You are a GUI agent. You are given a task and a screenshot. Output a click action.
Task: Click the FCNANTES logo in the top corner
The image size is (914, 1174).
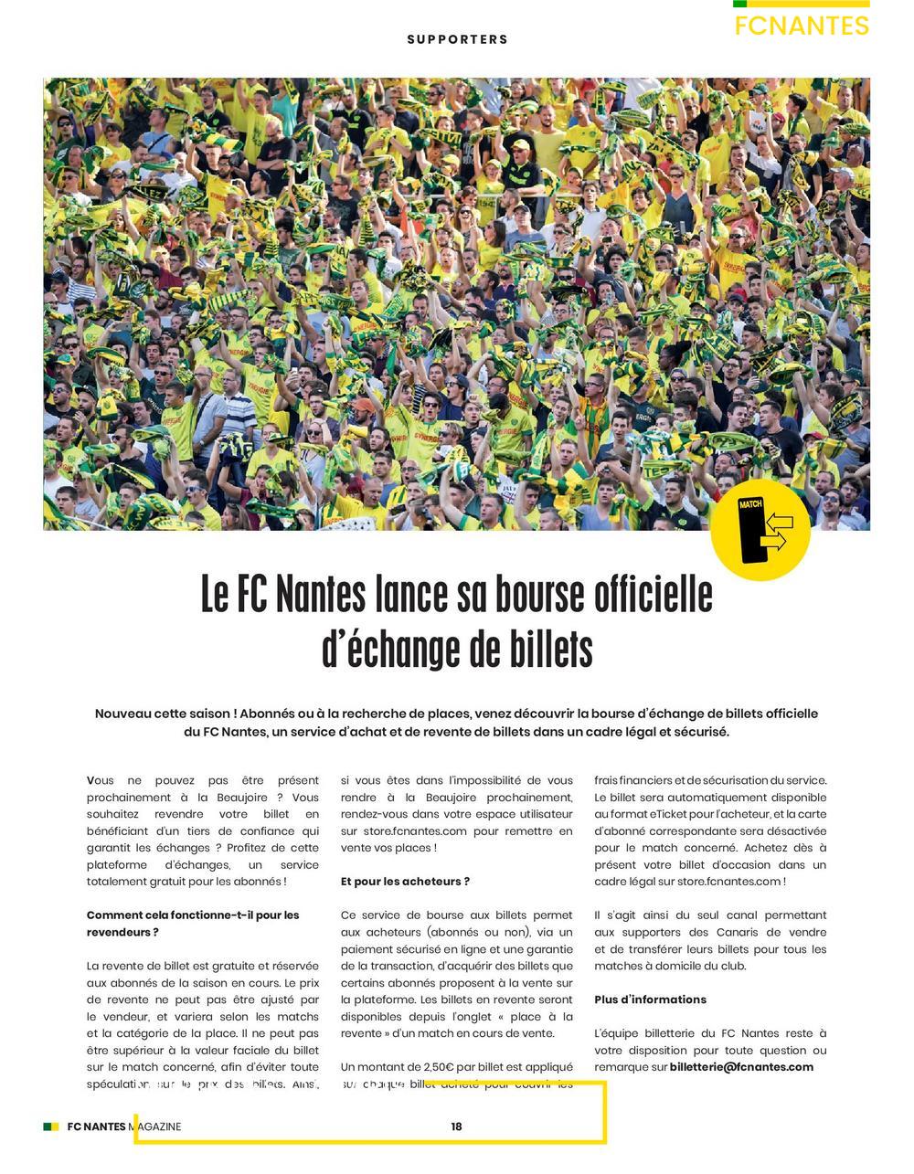click(x=801, y=25)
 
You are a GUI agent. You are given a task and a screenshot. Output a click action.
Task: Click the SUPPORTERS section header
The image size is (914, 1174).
click(x=457, y=39)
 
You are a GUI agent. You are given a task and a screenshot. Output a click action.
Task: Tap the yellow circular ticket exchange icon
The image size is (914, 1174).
click(x=760, y=531)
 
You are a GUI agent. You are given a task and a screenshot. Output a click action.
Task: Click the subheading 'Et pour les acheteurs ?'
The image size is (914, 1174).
click(x=405, y=882)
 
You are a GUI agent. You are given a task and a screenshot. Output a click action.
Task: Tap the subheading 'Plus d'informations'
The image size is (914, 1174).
click(x=650, y=999)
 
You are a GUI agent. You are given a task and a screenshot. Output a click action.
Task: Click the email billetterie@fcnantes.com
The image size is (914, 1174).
click(x=741, y=1067)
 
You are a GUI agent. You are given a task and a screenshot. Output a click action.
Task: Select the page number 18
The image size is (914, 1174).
click(x=456, y=1126)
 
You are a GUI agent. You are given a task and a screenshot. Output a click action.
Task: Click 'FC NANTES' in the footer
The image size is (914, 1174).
click(x=96, y=1126)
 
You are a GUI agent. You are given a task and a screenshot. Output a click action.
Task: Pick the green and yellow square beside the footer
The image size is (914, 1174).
click(x=51, y=1126)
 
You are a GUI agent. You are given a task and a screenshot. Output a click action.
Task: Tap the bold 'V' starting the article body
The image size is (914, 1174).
click(x=91, y=781)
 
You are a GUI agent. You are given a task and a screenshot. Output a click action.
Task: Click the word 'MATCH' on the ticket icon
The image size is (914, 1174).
click(x=750, y=503)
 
